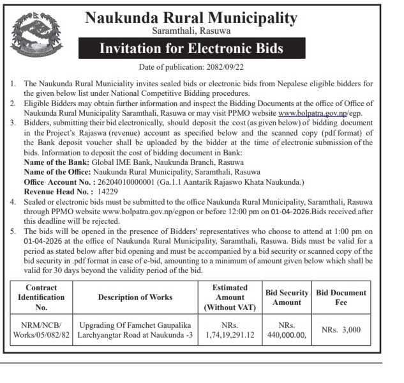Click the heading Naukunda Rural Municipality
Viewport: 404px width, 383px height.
191,18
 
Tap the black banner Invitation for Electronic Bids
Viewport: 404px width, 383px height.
191,49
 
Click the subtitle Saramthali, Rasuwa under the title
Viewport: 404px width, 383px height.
191,31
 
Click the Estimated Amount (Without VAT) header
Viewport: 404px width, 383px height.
230,297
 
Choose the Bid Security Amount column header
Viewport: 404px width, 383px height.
287,297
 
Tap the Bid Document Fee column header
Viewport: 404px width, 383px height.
341,297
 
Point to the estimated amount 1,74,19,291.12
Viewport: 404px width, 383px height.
230,334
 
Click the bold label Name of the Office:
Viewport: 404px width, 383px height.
57,173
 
